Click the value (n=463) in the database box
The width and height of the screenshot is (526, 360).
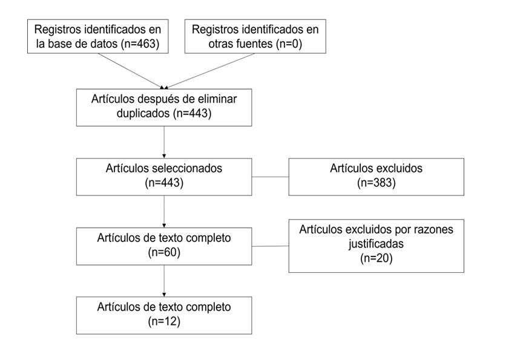140,44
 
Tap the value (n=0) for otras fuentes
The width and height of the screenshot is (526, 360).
289,44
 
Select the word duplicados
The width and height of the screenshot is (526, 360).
143,113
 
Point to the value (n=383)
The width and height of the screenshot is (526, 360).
376,183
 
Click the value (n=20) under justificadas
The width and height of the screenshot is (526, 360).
376,258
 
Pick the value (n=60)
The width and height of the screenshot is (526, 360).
164,252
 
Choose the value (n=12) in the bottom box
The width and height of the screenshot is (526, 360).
164,321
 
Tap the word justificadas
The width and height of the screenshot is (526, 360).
376,244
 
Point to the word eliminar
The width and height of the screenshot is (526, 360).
217,99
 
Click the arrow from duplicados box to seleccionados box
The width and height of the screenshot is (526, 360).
164,142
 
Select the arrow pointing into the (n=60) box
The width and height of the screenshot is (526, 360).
164,212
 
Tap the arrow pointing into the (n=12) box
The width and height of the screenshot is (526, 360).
164,281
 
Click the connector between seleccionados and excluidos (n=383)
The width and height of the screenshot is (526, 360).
271,177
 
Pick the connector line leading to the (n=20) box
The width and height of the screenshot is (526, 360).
271,246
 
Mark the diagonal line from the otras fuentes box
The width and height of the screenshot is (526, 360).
209,71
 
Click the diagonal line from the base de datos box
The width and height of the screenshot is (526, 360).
131,71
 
